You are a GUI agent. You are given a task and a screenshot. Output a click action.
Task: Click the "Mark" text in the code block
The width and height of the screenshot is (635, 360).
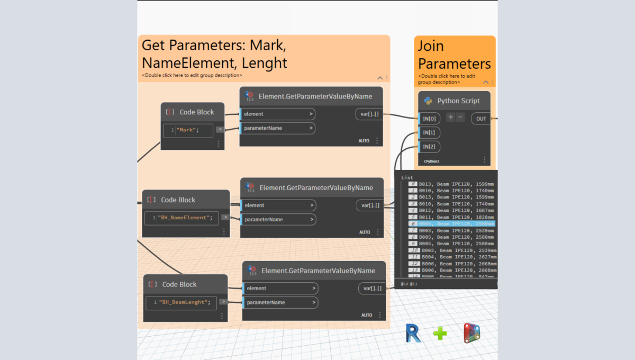(x=188, y=130)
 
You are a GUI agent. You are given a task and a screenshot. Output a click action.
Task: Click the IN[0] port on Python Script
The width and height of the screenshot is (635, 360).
(x=428, y=119)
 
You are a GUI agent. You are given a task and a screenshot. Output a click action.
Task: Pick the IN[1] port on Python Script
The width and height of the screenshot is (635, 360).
(x=429, y=132)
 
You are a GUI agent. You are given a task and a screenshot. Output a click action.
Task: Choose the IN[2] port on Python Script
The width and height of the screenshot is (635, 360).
(x=429, y=147)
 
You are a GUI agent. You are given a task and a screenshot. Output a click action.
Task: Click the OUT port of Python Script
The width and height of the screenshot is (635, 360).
(x=480, y=119)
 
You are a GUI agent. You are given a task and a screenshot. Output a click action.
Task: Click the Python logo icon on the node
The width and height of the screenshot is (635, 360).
(x=428, y=101)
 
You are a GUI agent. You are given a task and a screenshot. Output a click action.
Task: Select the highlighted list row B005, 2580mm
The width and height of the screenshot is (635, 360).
(x=452, y=224)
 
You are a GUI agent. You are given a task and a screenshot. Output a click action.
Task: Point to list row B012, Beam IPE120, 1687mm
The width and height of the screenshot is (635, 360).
(x=452, y=210)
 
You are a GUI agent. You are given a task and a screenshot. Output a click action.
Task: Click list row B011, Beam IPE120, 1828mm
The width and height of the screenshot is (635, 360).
(x=452, y=217)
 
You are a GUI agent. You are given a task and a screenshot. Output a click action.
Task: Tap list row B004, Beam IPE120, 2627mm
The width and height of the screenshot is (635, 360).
(x=454, y=257)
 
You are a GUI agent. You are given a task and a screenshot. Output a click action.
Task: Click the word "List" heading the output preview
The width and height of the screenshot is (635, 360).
(x=407, y=177)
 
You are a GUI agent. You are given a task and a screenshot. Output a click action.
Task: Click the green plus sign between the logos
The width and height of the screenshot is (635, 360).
(x=440, y=333)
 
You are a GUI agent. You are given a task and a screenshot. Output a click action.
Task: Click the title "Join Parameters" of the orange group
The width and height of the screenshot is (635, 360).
(x=454, y=55)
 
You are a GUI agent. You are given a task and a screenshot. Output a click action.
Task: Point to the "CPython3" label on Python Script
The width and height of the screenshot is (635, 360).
(x=432, y=161)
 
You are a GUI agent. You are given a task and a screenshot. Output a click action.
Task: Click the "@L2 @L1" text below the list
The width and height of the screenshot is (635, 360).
(x=409, y=284)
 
